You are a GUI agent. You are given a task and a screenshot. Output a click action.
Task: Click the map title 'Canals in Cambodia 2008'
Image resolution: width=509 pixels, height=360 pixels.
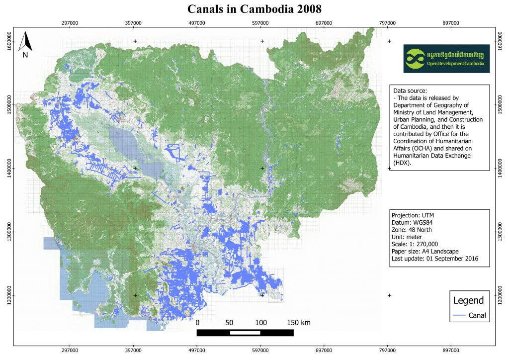click(x=254, y=9)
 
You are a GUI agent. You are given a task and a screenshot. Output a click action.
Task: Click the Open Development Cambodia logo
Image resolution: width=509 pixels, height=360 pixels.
click(x=446, y=59)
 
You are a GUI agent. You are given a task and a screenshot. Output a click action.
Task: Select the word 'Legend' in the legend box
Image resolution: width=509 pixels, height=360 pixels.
click(x=468, y=300)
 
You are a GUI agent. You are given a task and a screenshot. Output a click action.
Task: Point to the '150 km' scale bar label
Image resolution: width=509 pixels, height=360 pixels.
click(x=299, y=323)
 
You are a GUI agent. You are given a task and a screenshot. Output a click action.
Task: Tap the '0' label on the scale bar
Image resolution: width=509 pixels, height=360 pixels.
click(x=198, y=323)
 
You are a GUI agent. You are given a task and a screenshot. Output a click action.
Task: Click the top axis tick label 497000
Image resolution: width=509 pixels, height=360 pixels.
click(x=197, y=23)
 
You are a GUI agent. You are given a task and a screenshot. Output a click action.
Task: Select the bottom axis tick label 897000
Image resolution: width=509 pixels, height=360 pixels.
click(x=451, y=350)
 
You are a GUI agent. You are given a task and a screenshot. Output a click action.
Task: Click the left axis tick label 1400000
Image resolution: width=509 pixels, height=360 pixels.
click(x=9, y=168)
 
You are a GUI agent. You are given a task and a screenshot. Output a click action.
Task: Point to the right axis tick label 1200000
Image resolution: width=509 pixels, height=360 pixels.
click(x=500, y=295)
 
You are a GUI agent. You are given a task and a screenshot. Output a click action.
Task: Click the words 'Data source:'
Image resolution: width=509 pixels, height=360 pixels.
click(x=410, y=91)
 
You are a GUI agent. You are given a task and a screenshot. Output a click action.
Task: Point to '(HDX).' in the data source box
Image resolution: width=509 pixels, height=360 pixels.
click(x=403, y=163)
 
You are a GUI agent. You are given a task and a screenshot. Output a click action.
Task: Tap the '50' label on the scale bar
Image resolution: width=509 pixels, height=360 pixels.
click(x=229, y=323)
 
